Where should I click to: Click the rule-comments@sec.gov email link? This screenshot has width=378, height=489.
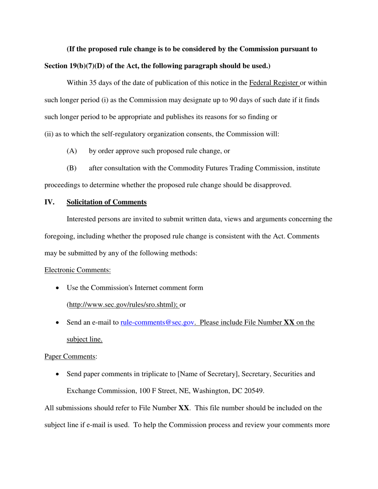157,322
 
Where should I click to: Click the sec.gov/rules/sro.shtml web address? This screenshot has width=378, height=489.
123,305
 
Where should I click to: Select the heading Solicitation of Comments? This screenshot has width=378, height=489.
107,202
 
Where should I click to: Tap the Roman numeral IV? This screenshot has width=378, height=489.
49,202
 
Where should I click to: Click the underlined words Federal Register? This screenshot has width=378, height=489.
274,83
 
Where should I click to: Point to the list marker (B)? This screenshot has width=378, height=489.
72,168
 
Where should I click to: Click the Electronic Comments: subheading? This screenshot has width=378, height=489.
78,270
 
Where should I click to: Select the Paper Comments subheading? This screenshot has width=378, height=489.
70,357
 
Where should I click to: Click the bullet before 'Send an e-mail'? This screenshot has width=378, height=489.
58,323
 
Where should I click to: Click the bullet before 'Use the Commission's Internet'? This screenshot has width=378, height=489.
58,288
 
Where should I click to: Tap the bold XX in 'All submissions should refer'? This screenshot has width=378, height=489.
183,408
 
